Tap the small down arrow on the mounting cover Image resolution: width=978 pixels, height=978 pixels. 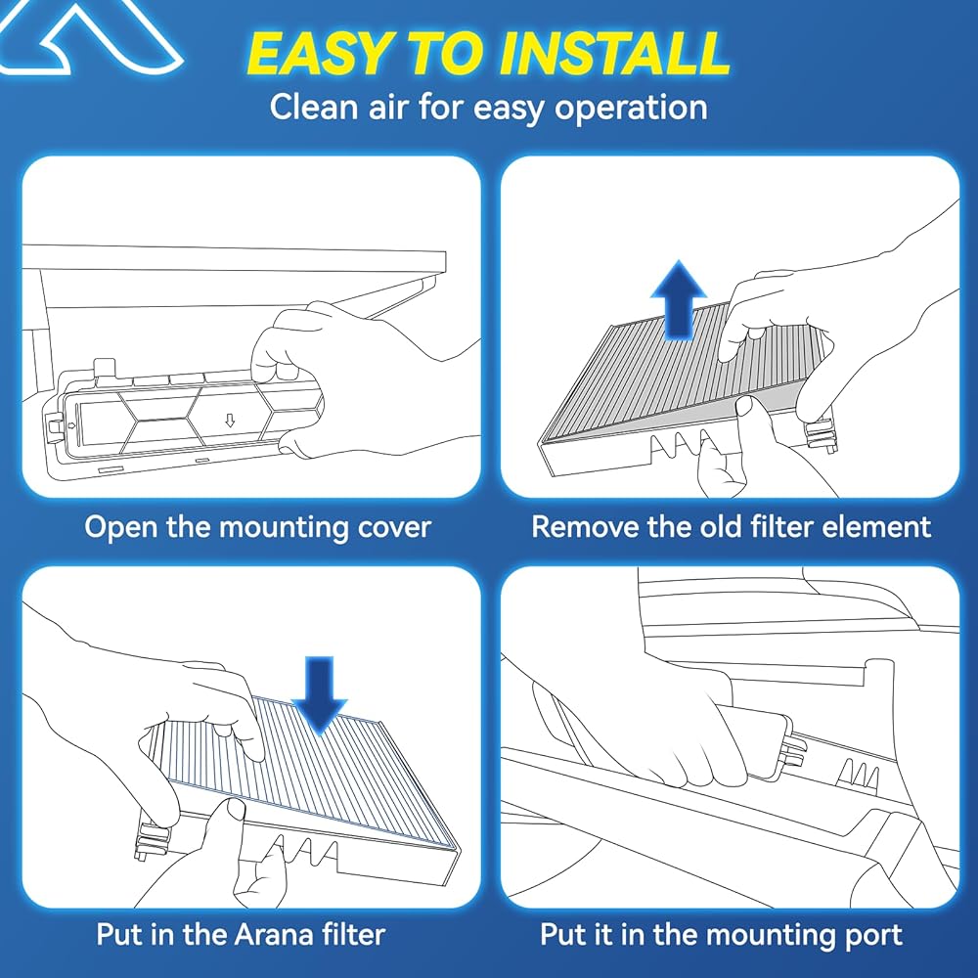coord(230,421)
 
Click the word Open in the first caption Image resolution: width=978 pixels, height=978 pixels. coord(120,528)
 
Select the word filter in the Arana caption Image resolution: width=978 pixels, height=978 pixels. coord(350,934)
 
